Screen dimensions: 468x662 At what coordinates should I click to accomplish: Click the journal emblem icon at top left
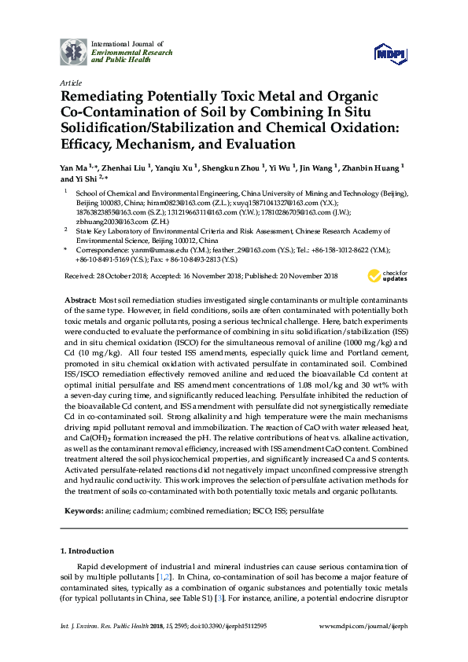[75, 51]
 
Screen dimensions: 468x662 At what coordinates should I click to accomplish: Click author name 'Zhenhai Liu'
[125, 167]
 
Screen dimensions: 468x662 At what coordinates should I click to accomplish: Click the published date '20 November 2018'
[301, 276]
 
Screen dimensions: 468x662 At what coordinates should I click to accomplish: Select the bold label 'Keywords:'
[83, 511]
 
